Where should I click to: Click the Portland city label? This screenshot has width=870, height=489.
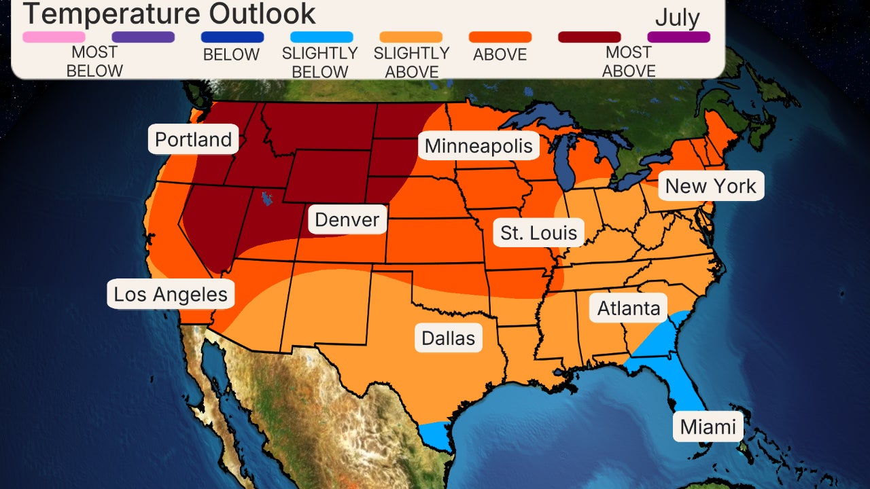tap(194, 139)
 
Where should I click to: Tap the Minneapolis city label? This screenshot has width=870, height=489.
tap(478, 146)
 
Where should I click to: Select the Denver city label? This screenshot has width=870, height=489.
tap(347, 219)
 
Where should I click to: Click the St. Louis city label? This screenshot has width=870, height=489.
tap(538, 233)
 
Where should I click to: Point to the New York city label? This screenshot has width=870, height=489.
tap(710, 186)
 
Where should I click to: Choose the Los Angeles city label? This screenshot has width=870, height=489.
tap(171, 294)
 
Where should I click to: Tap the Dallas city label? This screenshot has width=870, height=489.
tap(448, 338)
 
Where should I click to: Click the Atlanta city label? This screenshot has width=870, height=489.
tap(629, 308)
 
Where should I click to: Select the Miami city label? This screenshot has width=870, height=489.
tap(708, 427)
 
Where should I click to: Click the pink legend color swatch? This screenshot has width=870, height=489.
tap(54, 37)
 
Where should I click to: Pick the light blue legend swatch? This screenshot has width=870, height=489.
tap(321, 37)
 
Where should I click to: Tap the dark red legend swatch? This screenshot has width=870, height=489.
tap(589, 37)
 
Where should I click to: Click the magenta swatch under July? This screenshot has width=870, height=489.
tap(678, 37)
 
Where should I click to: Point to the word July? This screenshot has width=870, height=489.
tap(677, 18)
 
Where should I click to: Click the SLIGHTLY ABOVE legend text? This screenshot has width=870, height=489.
tap(411, 62)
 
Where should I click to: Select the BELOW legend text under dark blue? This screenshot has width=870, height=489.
tap(231, 55)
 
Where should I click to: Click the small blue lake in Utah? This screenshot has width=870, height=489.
tap(266, 199)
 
